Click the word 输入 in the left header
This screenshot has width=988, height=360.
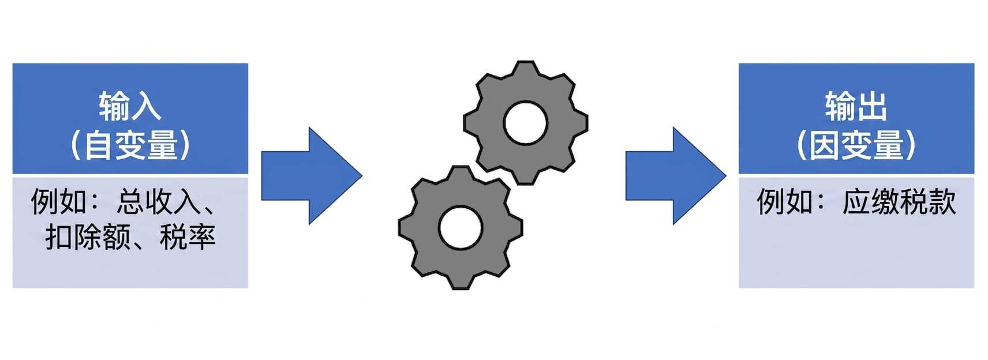130,106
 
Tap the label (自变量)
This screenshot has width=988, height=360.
130,145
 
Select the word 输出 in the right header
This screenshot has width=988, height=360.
856,106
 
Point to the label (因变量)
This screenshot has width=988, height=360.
856,145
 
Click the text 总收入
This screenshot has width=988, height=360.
159,201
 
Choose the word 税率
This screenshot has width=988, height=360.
188,237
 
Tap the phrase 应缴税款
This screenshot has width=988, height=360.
899,201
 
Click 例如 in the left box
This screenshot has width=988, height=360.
59,201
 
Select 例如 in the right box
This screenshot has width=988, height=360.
785,201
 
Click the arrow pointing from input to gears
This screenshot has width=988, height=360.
312,175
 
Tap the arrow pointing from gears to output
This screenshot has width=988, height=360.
676,175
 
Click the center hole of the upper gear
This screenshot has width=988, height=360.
525,123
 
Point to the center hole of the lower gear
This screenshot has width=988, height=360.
461,228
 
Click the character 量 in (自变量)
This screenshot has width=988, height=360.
162,145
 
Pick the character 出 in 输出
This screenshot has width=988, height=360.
872,106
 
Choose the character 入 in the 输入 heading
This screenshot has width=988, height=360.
146,106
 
